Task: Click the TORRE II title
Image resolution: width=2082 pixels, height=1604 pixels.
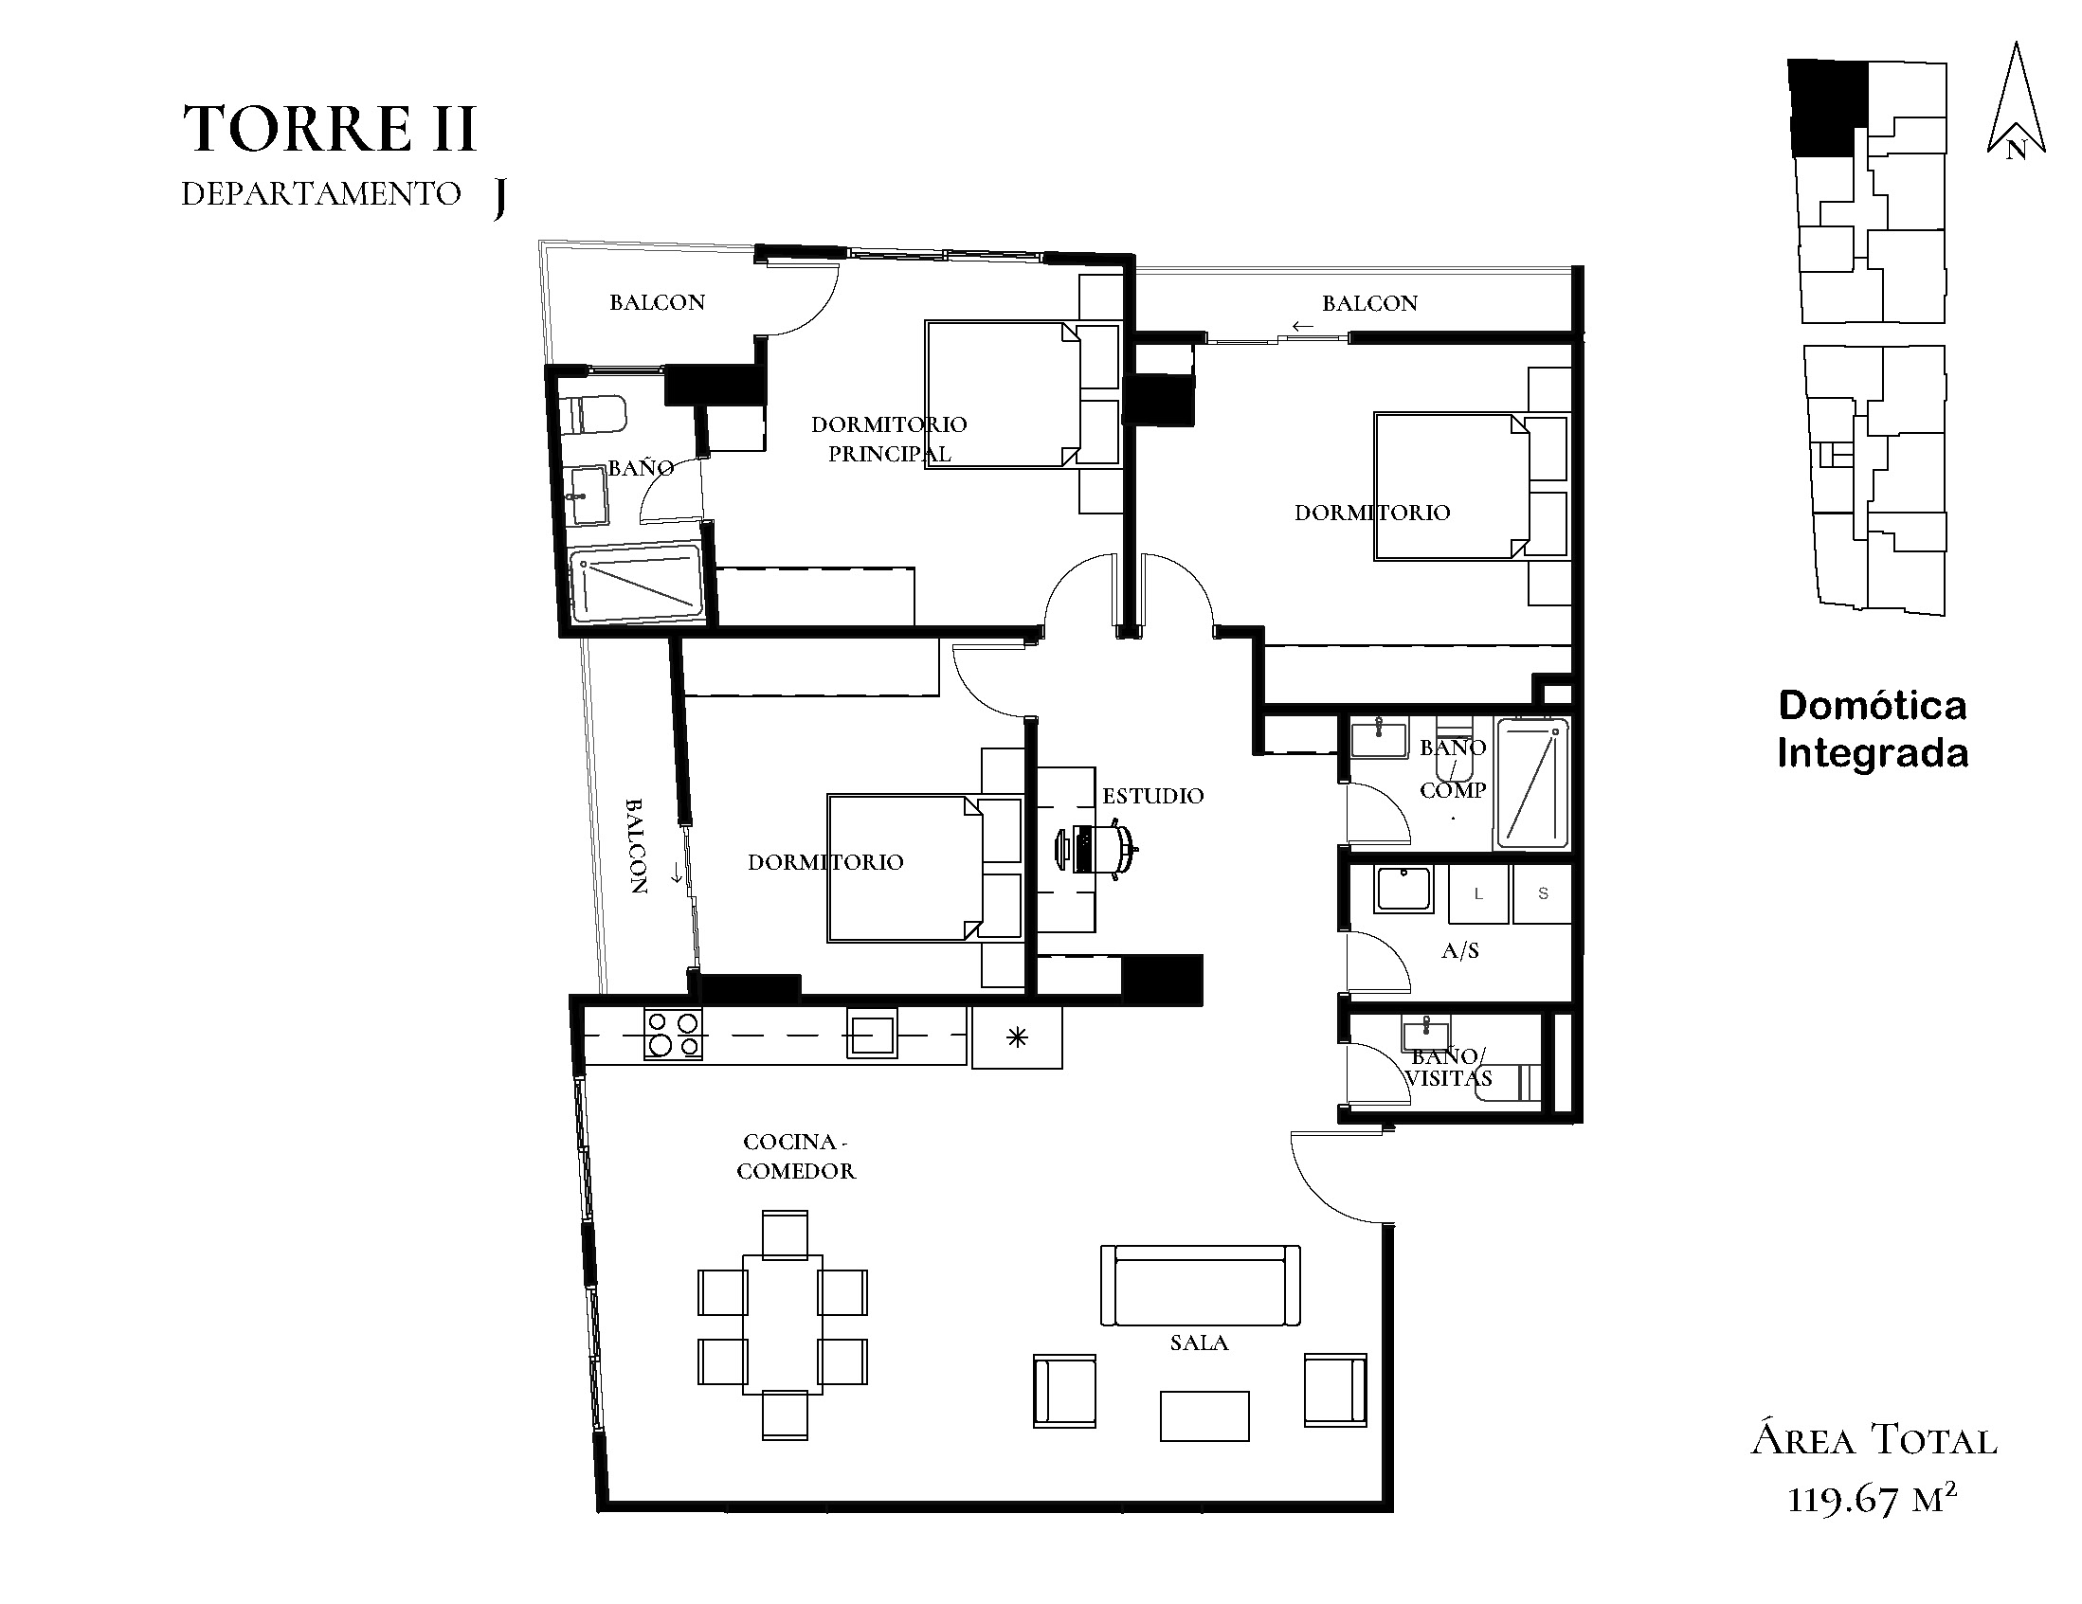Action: pyautogui.click(x=329, y=130)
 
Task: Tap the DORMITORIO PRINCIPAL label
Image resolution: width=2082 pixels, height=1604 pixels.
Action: pyautogui.click(x=889, y=439)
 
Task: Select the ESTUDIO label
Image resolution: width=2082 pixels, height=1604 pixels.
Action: pyautogui.click(x=1152, y=796)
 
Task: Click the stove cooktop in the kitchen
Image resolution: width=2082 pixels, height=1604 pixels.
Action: pyautogui.click(x=673, y=1034)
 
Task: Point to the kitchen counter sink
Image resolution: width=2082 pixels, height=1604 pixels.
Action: pyautogui.click(x=871, y=1034)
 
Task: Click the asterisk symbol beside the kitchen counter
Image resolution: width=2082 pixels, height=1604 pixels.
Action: pyautogui.click(x=1017, y=1036)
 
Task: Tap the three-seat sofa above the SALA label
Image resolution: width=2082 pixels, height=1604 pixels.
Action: pyautogui.click(x=1200, y=1285)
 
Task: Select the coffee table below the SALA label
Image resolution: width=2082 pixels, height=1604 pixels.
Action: pyautogui.click(x=1204, y=1415)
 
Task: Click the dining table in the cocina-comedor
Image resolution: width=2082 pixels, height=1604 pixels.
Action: pyautogui.click(x=784, y=1325)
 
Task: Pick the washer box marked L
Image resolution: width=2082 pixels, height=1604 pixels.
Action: pyautogui.click(x=1477, y=894)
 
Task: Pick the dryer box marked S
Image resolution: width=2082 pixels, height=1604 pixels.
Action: pyautogui.click(x=1543, y=894)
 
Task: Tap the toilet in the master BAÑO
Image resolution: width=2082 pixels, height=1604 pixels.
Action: pyautogui.click(x=593, y=416)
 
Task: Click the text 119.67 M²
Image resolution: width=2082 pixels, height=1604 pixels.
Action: pyautogui.click(x=1873, y=1499)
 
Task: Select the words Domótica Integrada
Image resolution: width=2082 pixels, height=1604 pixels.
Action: pyautogui.click(x=1873, y=730)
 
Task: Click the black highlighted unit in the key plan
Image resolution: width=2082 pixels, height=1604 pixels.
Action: pyautogui.click(x=1826, y=109)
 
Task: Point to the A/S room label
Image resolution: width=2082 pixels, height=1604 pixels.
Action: pyautogui.click(x=1460, y=950)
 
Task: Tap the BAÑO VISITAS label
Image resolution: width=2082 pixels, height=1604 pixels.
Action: pyautogui.click(x=1448, y=1068)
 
